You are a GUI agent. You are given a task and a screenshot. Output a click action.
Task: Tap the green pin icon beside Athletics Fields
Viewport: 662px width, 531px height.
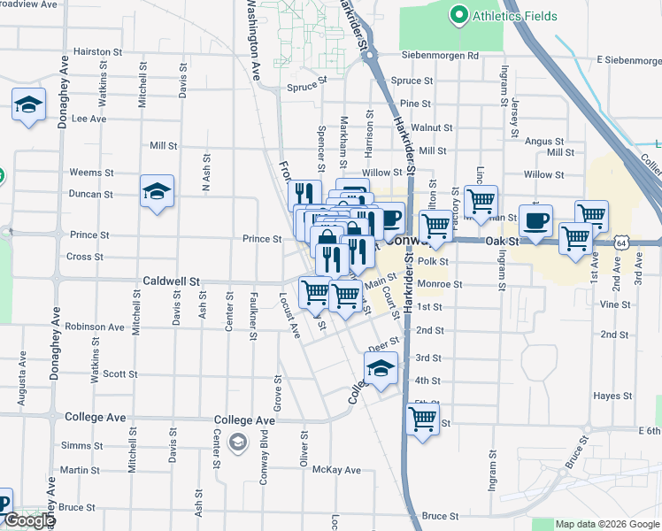(x=458, y=15)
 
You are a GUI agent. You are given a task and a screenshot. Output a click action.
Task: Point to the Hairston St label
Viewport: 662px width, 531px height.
(x=96, y=52)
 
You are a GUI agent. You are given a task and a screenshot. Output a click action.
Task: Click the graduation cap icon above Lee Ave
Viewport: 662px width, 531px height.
(x=28, y=104)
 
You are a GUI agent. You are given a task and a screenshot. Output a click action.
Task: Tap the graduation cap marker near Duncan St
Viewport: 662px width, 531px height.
(x=157, y=191)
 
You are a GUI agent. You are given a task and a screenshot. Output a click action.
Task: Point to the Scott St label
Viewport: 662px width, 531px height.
(x=119, y=374)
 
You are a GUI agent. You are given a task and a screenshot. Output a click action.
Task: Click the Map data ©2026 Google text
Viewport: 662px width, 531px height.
(x=608, y=524)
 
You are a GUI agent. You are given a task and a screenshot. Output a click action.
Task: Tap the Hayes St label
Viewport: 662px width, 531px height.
(x=610, y=396)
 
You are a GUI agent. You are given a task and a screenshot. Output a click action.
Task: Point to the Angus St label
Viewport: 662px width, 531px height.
(x=539, y=141)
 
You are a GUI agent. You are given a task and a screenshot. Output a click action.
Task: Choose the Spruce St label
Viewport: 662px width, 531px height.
(x=307, y=88)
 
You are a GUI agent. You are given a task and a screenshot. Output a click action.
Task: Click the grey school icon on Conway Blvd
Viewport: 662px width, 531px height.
(x=237, y=442)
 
